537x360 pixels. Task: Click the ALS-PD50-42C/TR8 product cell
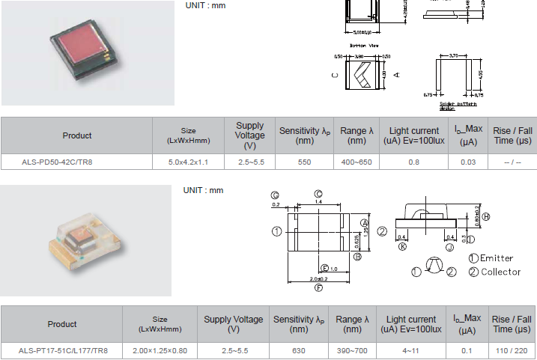pos(77,162)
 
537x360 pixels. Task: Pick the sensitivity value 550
pos(304,162)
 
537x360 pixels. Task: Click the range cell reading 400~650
pos(356,162)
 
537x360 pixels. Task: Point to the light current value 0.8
pos(414,162)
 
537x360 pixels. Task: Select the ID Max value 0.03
pos(468,162)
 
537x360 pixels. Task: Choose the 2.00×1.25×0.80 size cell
pos(160,350)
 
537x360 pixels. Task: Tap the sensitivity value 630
pos(298,350)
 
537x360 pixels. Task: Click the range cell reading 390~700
pos(352,350)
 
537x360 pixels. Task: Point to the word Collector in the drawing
pos(500,272)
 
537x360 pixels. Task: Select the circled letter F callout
pos(319,287)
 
